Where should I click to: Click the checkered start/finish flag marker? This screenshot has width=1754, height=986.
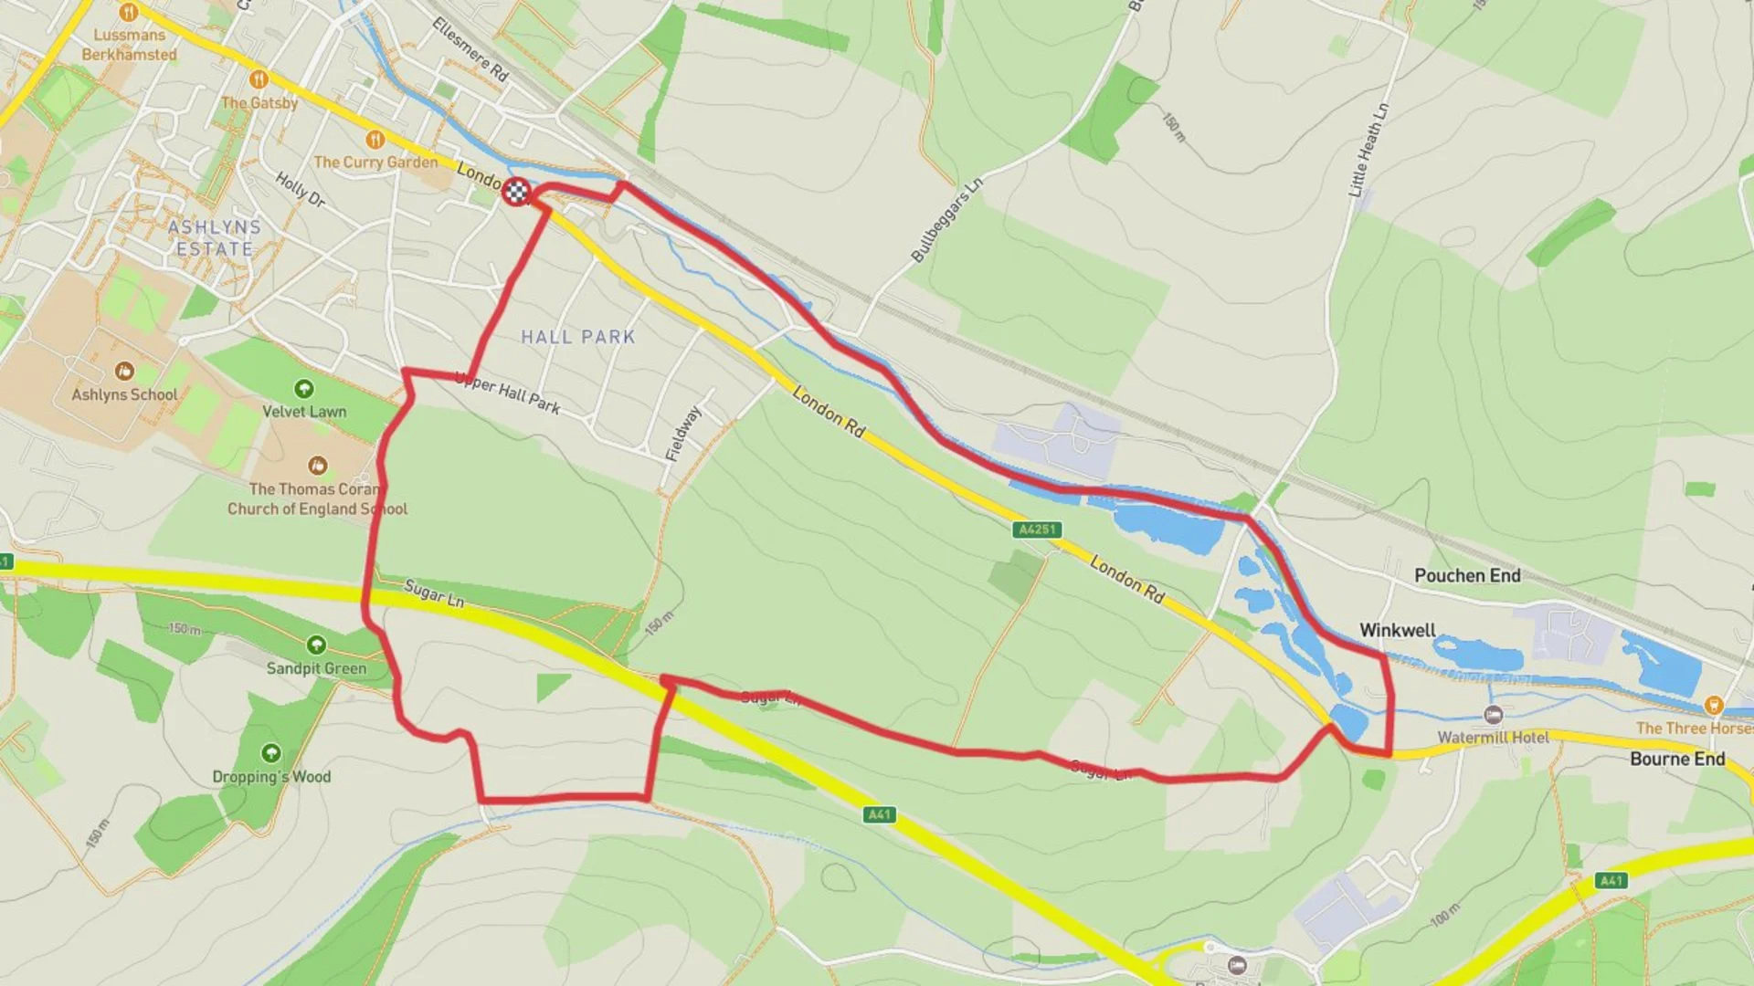point(517,192)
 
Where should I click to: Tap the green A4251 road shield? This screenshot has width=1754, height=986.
point(1037,530)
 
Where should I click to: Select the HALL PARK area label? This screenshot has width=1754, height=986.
point(577,337)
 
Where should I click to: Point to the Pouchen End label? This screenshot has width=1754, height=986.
point(1467,576)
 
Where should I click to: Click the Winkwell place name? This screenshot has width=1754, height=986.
point(1397,630)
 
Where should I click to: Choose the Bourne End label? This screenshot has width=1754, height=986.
point(1677,759)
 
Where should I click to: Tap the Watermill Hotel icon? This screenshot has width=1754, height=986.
point(1494,715)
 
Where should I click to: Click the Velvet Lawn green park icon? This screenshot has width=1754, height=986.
point(304,389)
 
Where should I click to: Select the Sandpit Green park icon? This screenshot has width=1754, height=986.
point(316,645)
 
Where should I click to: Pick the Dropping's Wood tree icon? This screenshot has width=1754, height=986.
point(271,753)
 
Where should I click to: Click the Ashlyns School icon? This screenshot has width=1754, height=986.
point(124,372)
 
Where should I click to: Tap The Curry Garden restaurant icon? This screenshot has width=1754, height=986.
point(375,140)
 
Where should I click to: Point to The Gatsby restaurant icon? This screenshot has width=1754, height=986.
point(259,79)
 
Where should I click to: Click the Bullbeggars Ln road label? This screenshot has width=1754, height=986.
point(947,220)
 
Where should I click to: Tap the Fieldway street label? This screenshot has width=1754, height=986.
point(683,434)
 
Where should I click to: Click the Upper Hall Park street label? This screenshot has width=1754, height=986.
point(508,393)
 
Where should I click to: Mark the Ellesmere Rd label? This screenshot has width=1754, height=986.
point(470,49)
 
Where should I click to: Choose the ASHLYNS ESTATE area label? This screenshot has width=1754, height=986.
point(214,237)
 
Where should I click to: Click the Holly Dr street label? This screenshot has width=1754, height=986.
point(301,189)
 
